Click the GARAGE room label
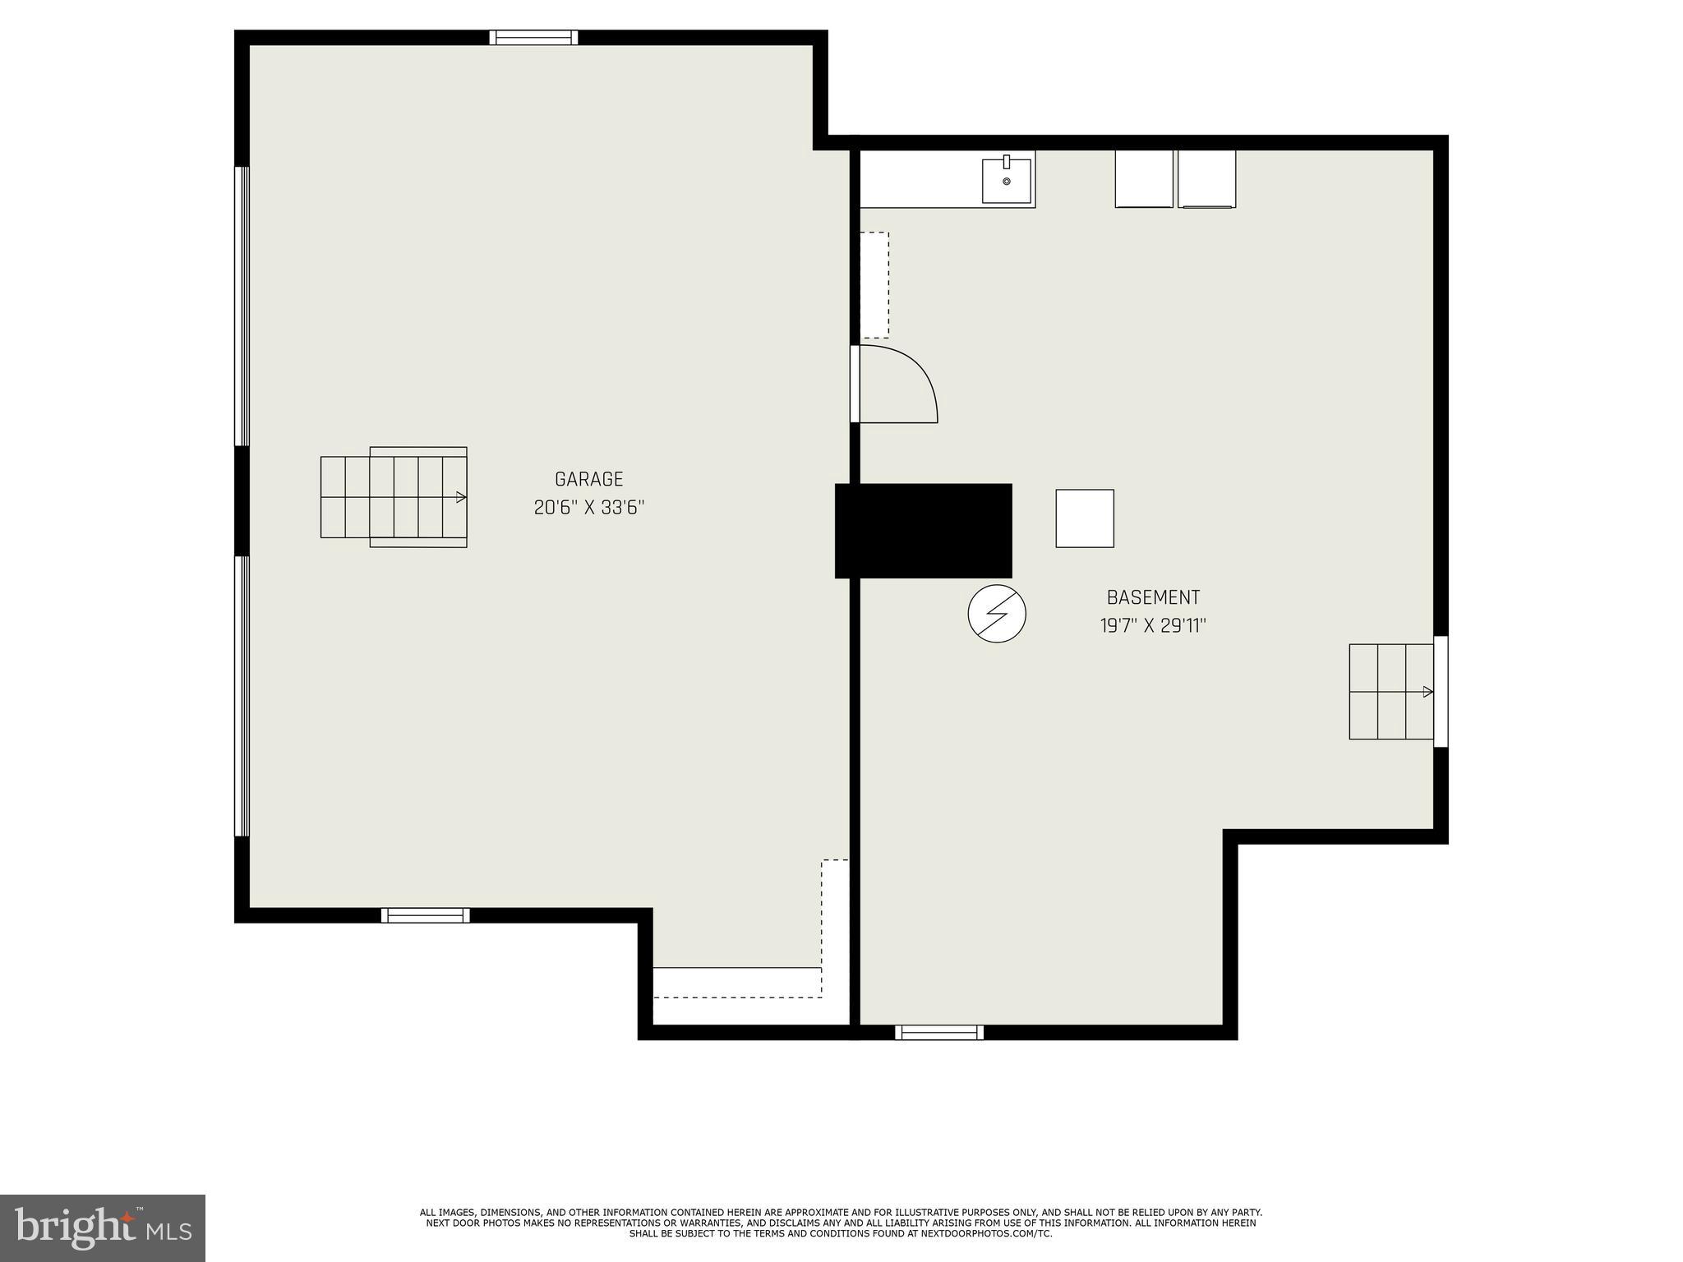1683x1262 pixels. [588, 479]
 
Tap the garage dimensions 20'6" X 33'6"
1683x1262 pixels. [588, 508]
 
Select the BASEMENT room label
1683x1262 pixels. [1153, 597]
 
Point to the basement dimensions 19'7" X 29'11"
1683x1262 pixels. [1153, 626]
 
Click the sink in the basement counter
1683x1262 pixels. [1007, 181]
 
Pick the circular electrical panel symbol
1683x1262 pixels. [997, 613]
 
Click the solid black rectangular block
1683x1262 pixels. [924, 531]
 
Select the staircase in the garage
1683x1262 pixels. [394, 497]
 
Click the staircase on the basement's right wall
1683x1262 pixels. [1390, 692]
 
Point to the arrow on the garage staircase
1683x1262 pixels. [461, 497]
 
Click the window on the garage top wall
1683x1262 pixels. [533, 38]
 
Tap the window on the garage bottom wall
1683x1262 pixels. [425, 915]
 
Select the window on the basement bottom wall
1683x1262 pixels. [938, 1033]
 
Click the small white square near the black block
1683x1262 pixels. [1085, 518]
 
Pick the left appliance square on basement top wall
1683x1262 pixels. [1143, 178]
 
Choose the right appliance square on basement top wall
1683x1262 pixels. [1206, 178]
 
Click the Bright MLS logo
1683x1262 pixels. [102, 1228]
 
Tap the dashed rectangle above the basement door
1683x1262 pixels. [874, 285]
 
